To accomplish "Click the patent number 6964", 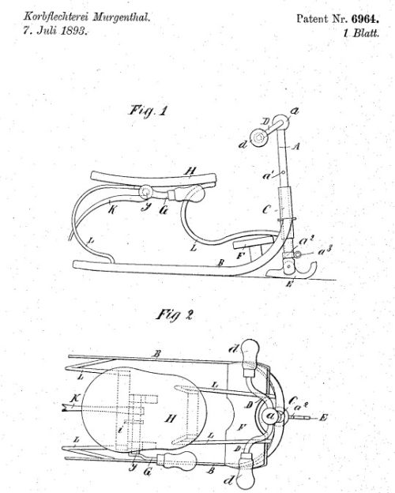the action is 365,19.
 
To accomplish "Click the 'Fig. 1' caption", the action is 148,111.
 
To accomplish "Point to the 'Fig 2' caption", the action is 174,314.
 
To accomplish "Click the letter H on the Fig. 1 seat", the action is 190,171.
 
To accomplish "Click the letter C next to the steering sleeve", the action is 267,209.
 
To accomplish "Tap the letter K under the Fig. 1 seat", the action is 111,210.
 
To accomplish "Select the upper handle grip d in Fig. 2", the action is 250,356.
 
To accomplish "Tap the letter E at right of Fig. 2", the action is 323,417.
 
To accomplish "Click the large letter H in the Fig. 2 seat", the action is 171,419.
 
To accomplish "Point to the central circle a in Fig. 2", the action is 270,416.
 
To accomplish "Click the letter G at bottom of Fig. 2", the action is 147,471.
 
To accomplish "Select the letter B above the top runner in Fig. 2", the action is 156,354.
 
